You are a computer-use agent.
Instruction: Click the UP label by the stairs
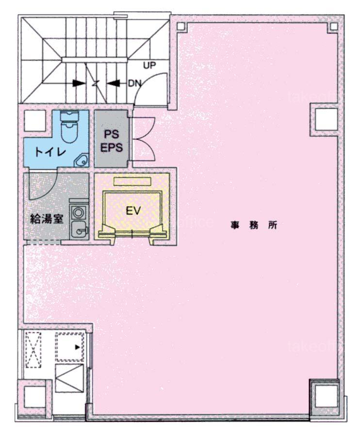pos(149,65)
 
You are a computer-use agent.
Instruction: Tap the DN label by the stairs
pos(135,83)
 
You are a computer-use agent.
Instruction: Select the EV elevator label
pos(133,211)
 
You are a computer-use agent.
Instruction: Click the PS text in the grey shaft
pos(112,134)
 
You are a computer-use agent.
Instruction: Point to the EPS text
pos(112,147)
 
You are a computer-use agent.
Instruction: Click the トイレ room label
pos(50,152)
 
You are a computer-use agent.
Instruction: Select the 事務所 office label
pos(254,225)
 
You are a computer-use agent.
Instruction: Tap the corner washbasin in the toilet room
pos(82,160)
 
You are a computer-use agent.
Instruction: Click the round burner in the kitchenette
pos(77,211)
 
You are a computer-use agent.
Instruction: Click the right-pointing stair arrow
pos(79,83)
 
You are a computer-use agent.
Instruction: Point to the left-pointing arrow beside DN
pos(114,83)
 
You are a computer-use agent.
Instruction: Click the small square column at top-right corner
pos(334,27)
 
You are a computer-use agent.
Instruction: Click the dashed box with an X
pos(33,349)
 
